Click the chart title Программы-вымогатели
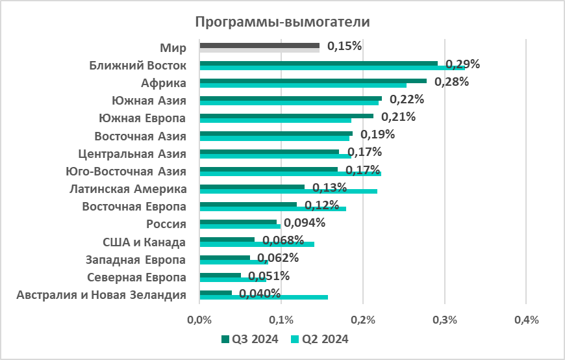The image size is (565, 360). pyautogui.click(x=282, y=22)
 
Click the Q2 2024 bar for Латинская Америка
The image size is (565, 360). pyautogui.click(x=344, y=191)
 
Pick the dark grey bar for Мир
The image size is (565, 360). pyautogui.click(x=260, y=45)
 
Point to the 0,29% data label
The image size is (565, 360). pyautogui.click(x=462, y=64)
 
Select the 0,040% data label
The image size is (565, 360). pyautogui.click(x=260, y=293)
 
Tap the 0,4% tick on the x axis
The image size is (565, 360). pyautogui.click(x=526, y=320)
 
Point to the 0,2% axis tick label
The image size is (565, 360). pyautogui.click(x=363, y=320)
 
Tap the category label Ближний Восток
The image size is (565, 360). pyautogui.click(x=138, y=66)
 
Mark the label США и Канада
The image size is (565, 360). pyautogui.click(x=144, y=242)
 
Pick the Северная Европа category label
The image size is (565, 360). pyautogui.click(x=136, y=277)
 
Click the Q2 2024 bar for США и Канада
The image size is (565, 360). pyautogui.click(x=286, y=244)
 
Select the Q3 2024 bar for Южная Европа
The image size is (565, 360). pyautogui.click(x=286, y=116)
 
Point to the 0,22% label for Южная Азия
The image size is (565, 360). pyautogui.click(x=407, y=99)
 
